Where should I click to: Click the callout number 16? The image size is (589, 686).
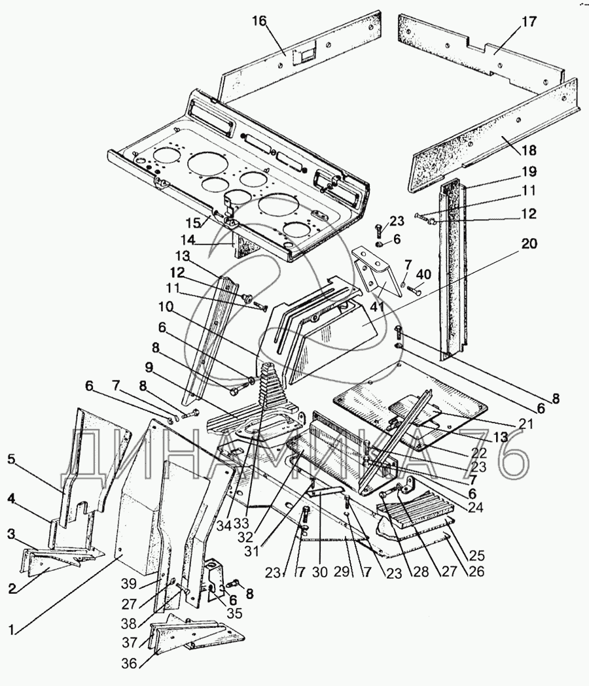[259, 20]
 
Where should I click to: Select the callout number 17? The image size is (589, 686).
[529, 22]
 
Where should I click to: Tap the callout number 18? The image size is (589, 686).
[529, 150]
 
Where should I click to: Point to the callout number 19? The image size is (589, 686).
[529, 171]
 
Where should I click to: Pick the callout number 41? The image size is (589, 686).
[378, 306]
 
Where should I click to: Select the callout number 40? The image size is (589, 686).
[423, 275]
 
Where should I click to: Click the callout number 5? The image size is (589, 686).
[11, 460]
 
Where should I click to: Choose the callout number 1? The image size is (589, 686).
[12, 630]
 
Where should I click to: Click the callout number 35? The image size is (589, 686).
[234, 613]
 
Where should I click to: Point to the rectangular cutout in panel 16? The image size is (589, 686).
[304, 55]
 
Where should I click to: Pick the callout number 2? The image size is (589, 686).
[12, 589]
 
